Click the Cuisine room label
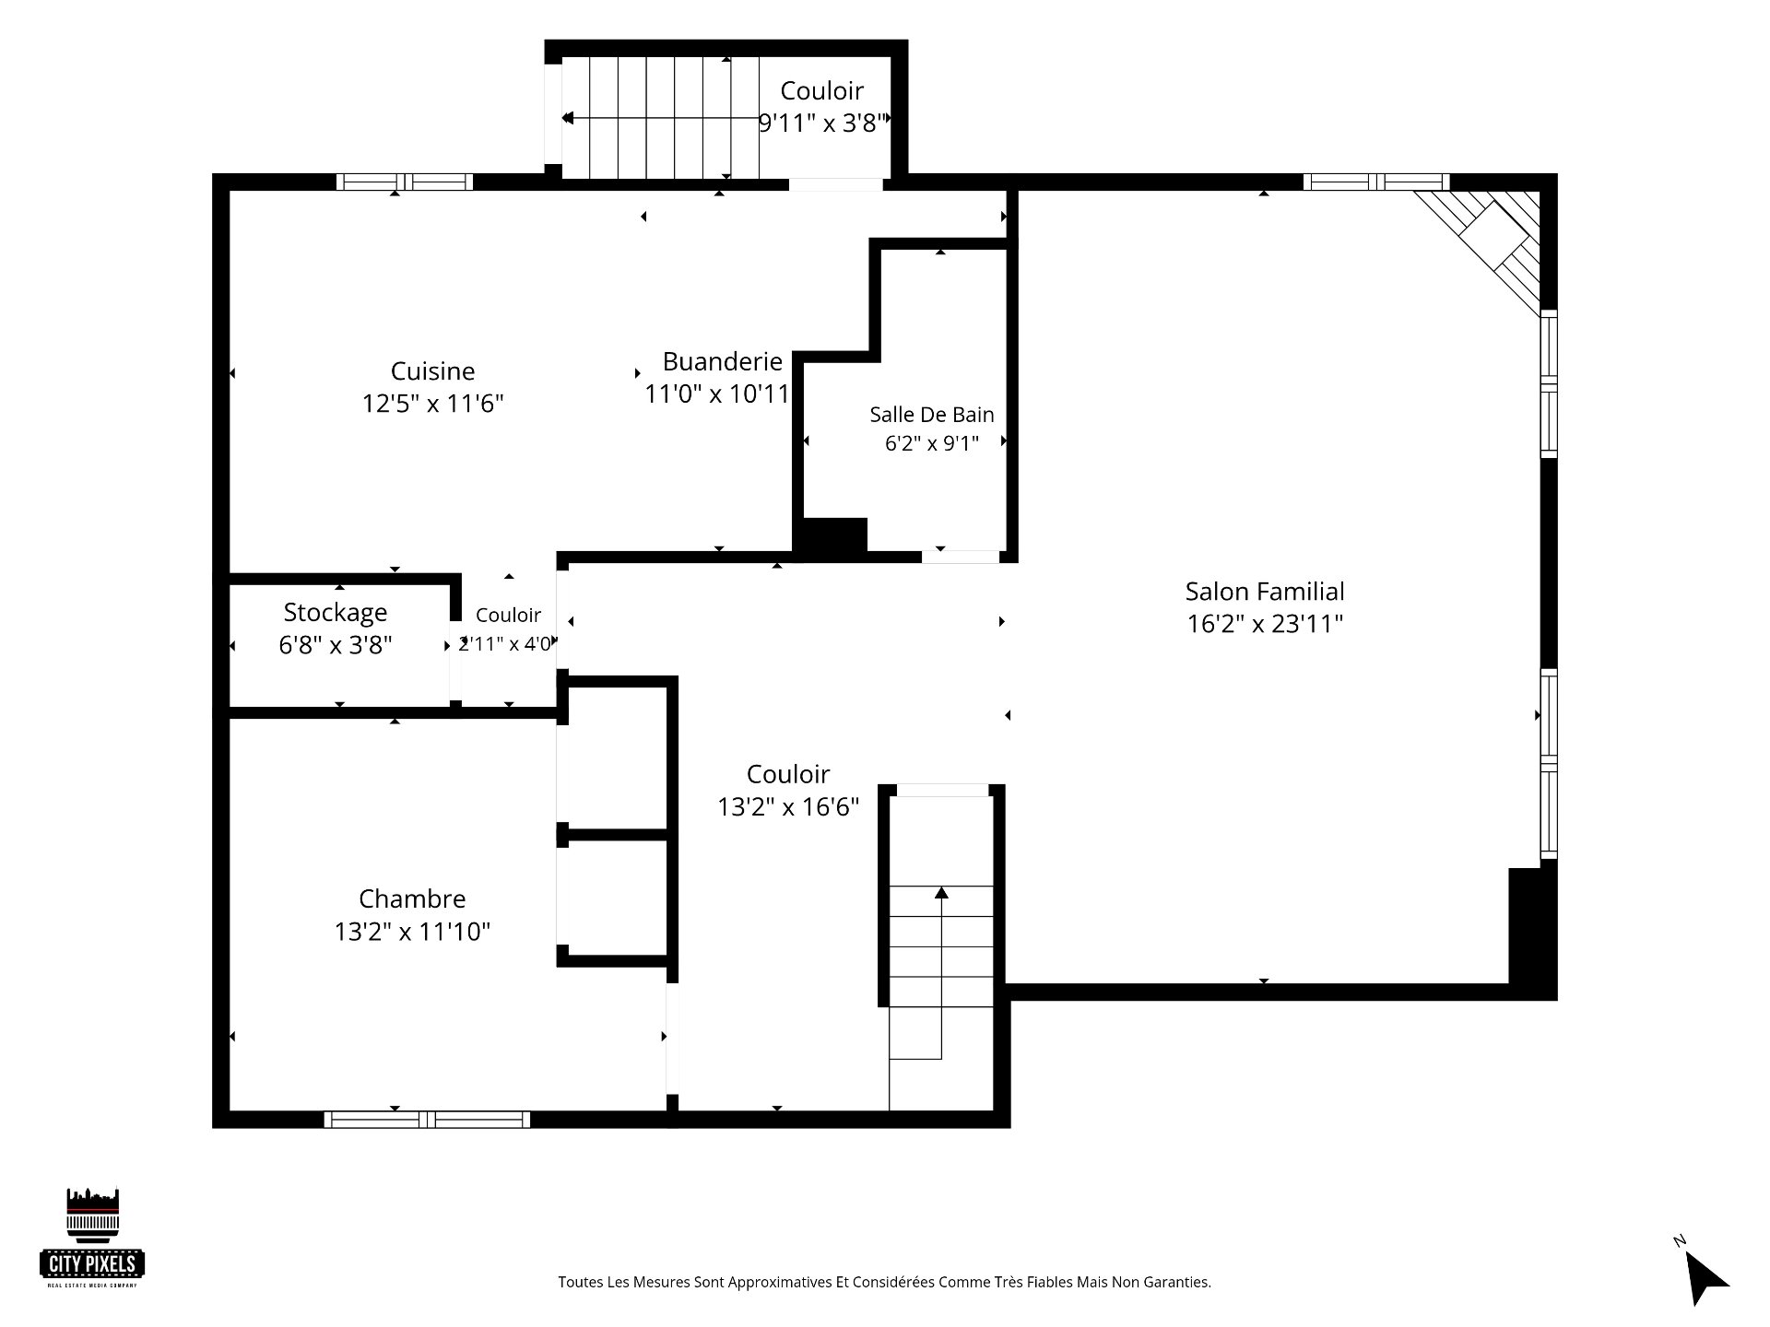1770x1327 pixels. tap(432, 371)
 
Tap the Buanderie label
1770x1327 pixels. tap(723, 361)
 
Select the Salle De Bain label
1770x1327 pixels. tap(932, 415)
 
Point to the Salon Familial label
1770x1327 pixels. tap(1265, 592)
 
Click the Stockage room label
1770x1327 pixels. tap(336, 613)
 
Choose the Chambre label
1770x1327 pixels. tap(412, 898)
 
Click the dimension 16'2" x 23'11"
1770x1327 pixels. tap(1265, 624)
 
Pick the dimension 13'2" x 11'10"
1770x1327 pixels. tap(412, 932)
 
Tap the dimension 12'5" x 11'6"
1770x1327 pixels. tap(432, 404)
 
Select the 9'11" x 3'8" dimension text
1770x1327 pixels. tap(822, 123)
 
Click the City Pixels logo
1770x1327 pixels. tap(92, 1238)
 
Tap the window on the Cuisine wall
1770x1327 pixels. tap(404, 182)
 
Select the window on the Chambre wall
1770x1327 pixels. tap(427, 1120)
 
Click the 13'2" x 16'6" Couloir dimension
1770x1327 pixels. tap(788, 807)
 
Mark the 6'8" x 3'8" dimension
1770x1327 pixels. tap(336, 645)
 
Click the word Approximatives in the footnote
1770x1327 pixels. tap(780, 1282)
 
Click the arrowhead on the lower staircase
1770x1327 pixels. tap(941, 892)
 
